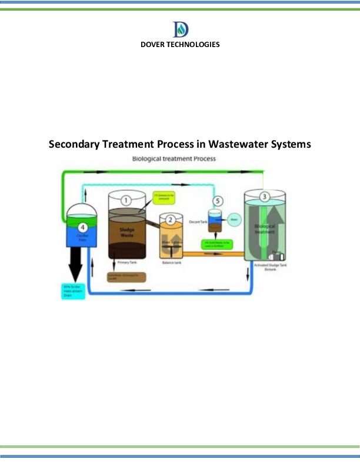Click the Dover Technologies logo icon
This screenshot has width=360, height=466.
click(180, 29)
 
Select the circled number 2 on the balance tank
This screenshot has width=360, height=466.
click(171, 220)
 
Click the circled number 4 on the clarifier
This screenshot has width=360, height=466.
click(82, 227)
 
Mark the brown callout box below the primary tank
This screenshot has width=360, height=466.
click(126, 277)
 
